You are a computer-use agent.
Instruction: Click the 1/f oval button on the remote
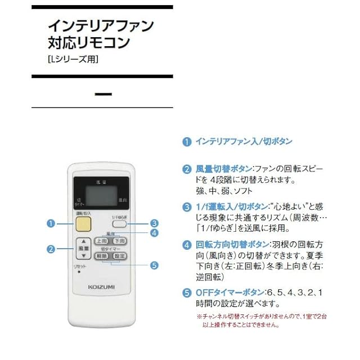coord(120,224)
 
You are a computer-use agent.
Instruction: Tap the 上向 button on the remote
coord(101,241)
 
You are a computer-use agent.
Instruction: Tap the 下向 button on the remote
coord(119,241)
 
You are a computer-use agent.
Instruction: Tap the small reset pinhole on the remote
coord(79,272)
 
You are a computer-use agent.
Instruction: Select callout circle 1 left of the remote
coord(51,224)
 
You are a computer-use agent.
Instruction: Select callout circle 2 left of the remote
coord(51,249)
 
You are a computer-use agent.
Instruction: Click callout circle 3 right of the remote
coord(154,223)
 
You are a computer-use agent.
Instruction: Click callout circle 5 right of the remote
coord(154,265)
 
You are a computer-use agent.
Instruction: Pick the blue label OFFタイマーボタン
coord(224,292)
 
